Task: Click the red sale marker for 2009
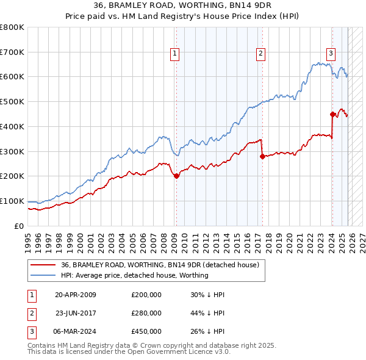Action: click(x=176, y=176)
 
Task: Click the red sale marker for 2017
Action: click(x=262, y=156)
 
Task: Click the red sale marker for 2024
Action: click(x=332, y=113)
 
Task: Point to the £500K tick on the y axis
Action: click(x=12, y=102)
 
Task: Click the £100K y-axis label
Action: click(x=12, y=201)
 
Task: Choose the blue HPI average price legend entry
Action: click(x=135, y=275)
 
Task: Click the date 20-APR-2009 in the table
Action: click(x=75, y=295)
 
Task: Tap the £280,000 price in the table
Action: click(x=146, y=313)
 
